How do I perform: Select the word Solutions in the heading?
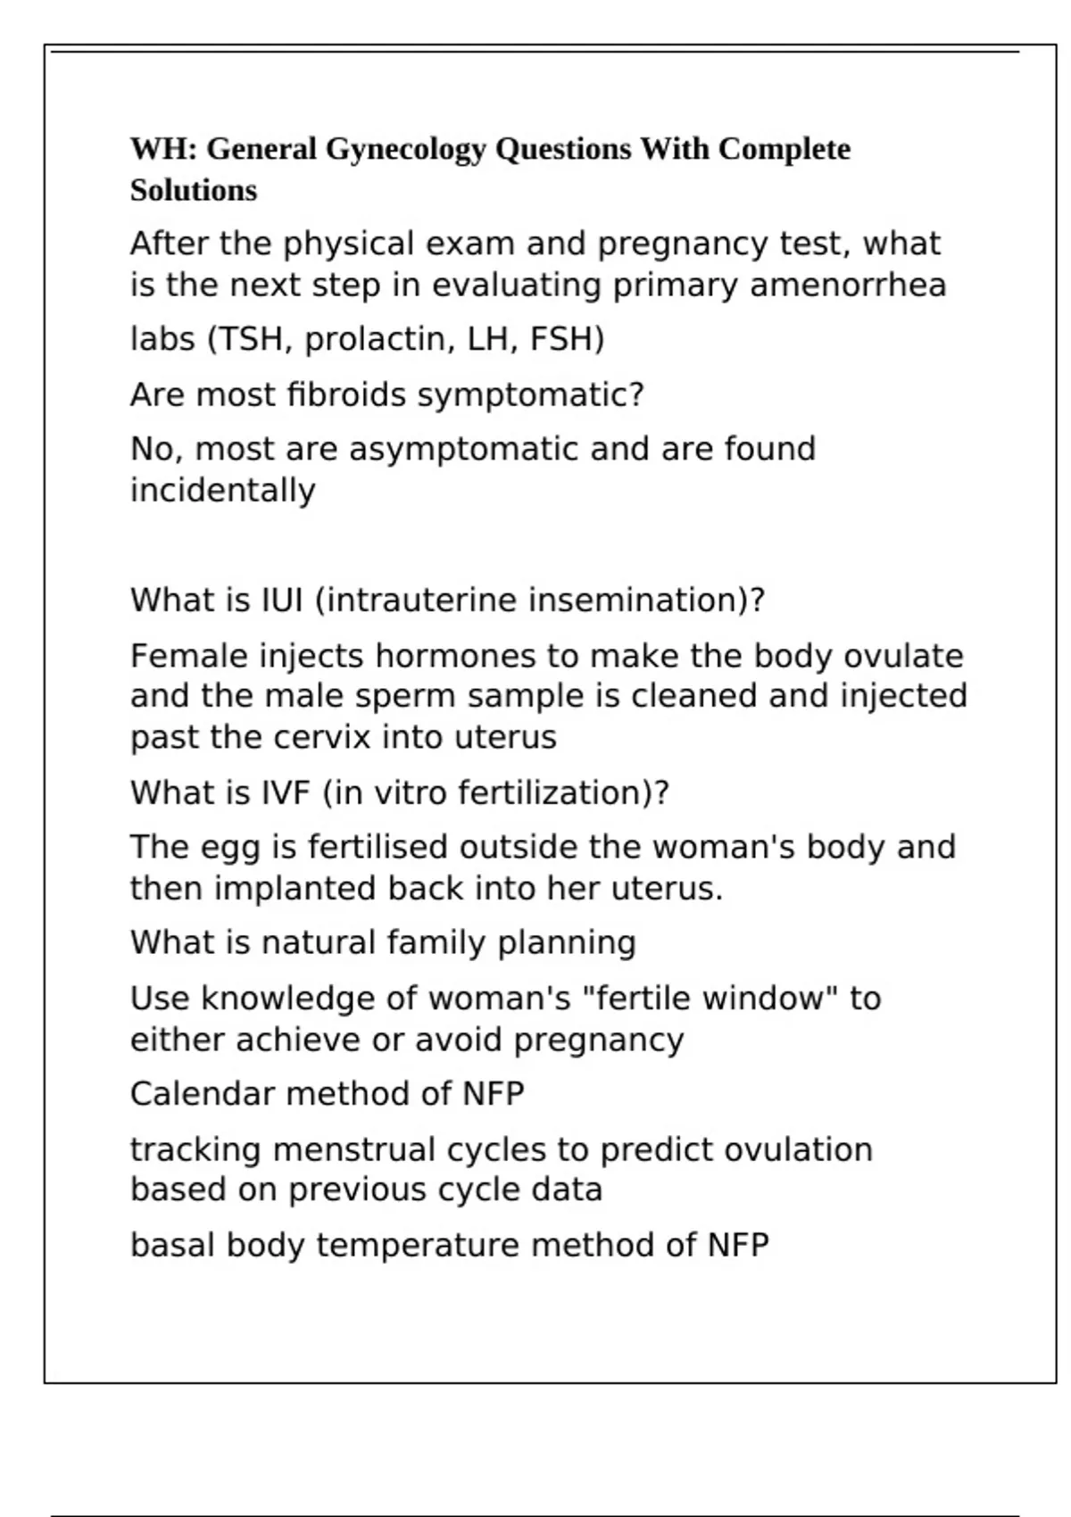click(194, 190)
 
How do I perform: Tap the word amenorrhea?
click(848, 286)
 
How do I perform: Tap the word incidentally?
click(223, 491)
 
